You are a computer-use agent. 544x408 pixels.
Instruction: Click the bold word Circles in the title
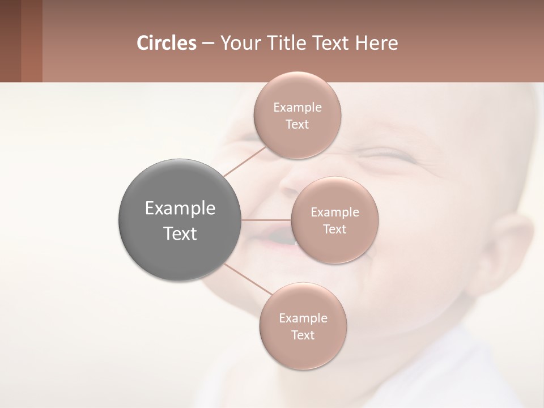point(166,43)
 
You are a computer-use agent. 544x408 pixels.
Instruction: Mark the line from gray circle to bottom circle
point(247,279)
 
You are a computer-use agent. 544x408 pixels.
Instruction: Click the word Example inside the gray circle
point(180,209)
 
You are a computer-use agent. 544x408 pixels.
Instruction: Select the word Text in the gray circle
point(180,233)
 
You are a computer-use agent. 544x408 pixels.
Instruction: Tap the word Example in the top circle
point(297,107)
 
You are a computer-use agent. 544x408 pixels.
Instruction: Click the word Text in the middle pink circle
point(334,229)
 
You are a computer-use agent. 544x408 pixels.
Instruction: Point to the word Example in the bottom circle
point(303,318)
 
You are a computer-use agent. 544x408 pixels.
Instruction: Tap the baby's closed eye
point(385,154)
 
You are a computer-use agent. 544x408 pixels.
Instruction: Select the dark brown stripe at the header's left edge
point(10,41)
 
